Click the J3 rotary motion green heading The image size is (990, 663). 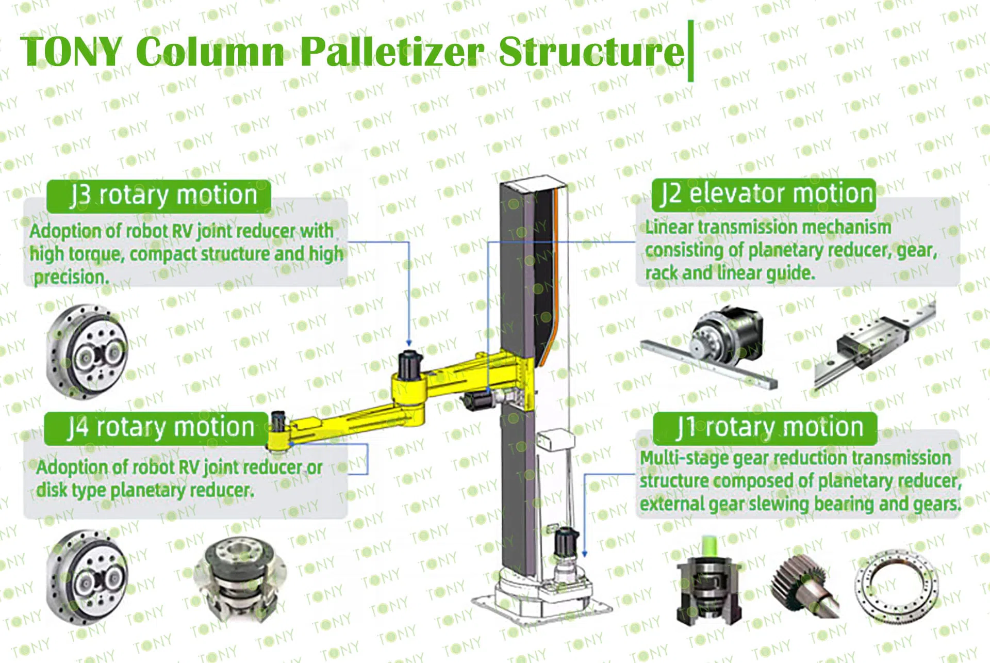click(159, 196)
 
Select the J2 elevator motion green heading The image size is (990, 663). click(764, 195)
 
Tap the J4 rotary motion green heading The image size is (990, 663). click(157, 428)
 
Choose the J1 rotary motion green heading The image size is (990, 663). click(765, 428)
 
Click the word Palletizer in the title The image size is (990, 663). click(392, 52)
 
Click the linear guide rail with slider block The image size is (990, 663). click(874, 345)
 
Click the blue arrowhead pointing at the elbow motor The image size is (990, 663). click(409, 343)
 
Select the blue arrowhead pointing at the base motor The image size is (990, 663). click(585, 554)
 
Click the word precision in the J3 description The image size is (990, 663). click(71, 278)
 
